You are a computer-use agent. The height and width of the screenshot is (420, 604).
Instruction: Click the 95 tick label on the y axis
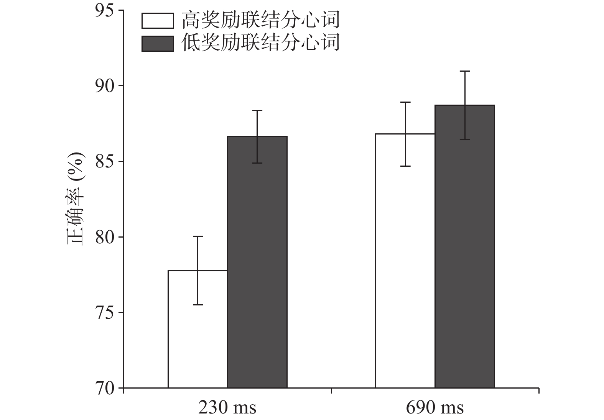[x=104, y=10]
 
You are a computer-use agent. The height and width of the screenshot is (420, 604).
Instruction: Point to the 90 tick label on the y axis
[x=104, y=86]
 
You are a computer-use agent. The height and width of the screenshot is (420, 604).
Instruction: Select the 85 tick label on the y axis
[x=104, y=161]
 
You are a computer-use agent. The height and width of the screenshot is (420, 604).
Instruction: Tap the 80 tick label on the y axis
[x=104, y=237]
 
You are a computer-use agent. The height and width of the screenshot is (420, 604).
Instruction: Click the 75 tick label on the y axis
[x=104, y=313]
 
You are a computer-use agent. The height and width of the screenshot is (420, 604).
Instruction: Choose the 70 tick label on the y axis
[x=104, y=388]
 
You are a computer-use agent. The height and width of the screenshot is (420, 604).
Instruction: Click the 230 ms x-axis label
[x=227, y=408]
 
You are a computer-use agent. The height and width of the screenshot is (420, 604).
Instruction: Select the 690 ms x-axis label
[x=435, y=408]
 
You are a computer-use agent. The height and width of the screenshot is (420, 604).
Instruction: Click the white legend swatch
[x=158, y=21]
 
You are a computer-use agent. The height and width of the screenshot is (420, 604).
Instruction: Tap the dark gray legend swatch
[x=158, y=43]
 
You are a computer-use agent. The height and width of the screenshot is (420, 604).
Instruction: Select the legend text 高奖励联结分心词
[x=261, y=20]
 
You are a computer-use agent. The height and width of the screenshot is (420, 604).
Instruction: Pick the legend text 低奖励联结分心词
[x=261, y=43]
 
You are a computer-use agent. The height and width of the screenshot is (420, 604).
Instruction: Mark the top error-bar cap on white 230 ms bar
[x=198, y=236]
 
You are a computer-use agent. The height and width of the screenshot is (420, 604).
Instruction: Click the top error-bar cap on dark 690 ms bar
[x=465, y=71]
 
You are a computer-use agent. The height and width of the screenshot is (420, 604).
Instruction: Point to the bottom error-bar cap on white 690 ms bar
[x=405, y=166]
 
